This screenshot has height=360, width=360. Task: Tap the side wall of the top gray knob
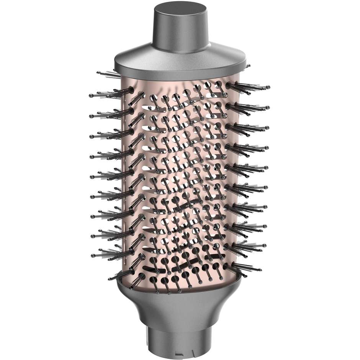click(x=180, y=33)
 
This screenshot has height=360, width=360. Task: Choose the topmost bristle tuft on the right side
click(x=249, y=87)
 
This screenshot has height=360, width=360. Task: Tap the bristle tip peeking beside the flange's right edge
click(x=248, y=66)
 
